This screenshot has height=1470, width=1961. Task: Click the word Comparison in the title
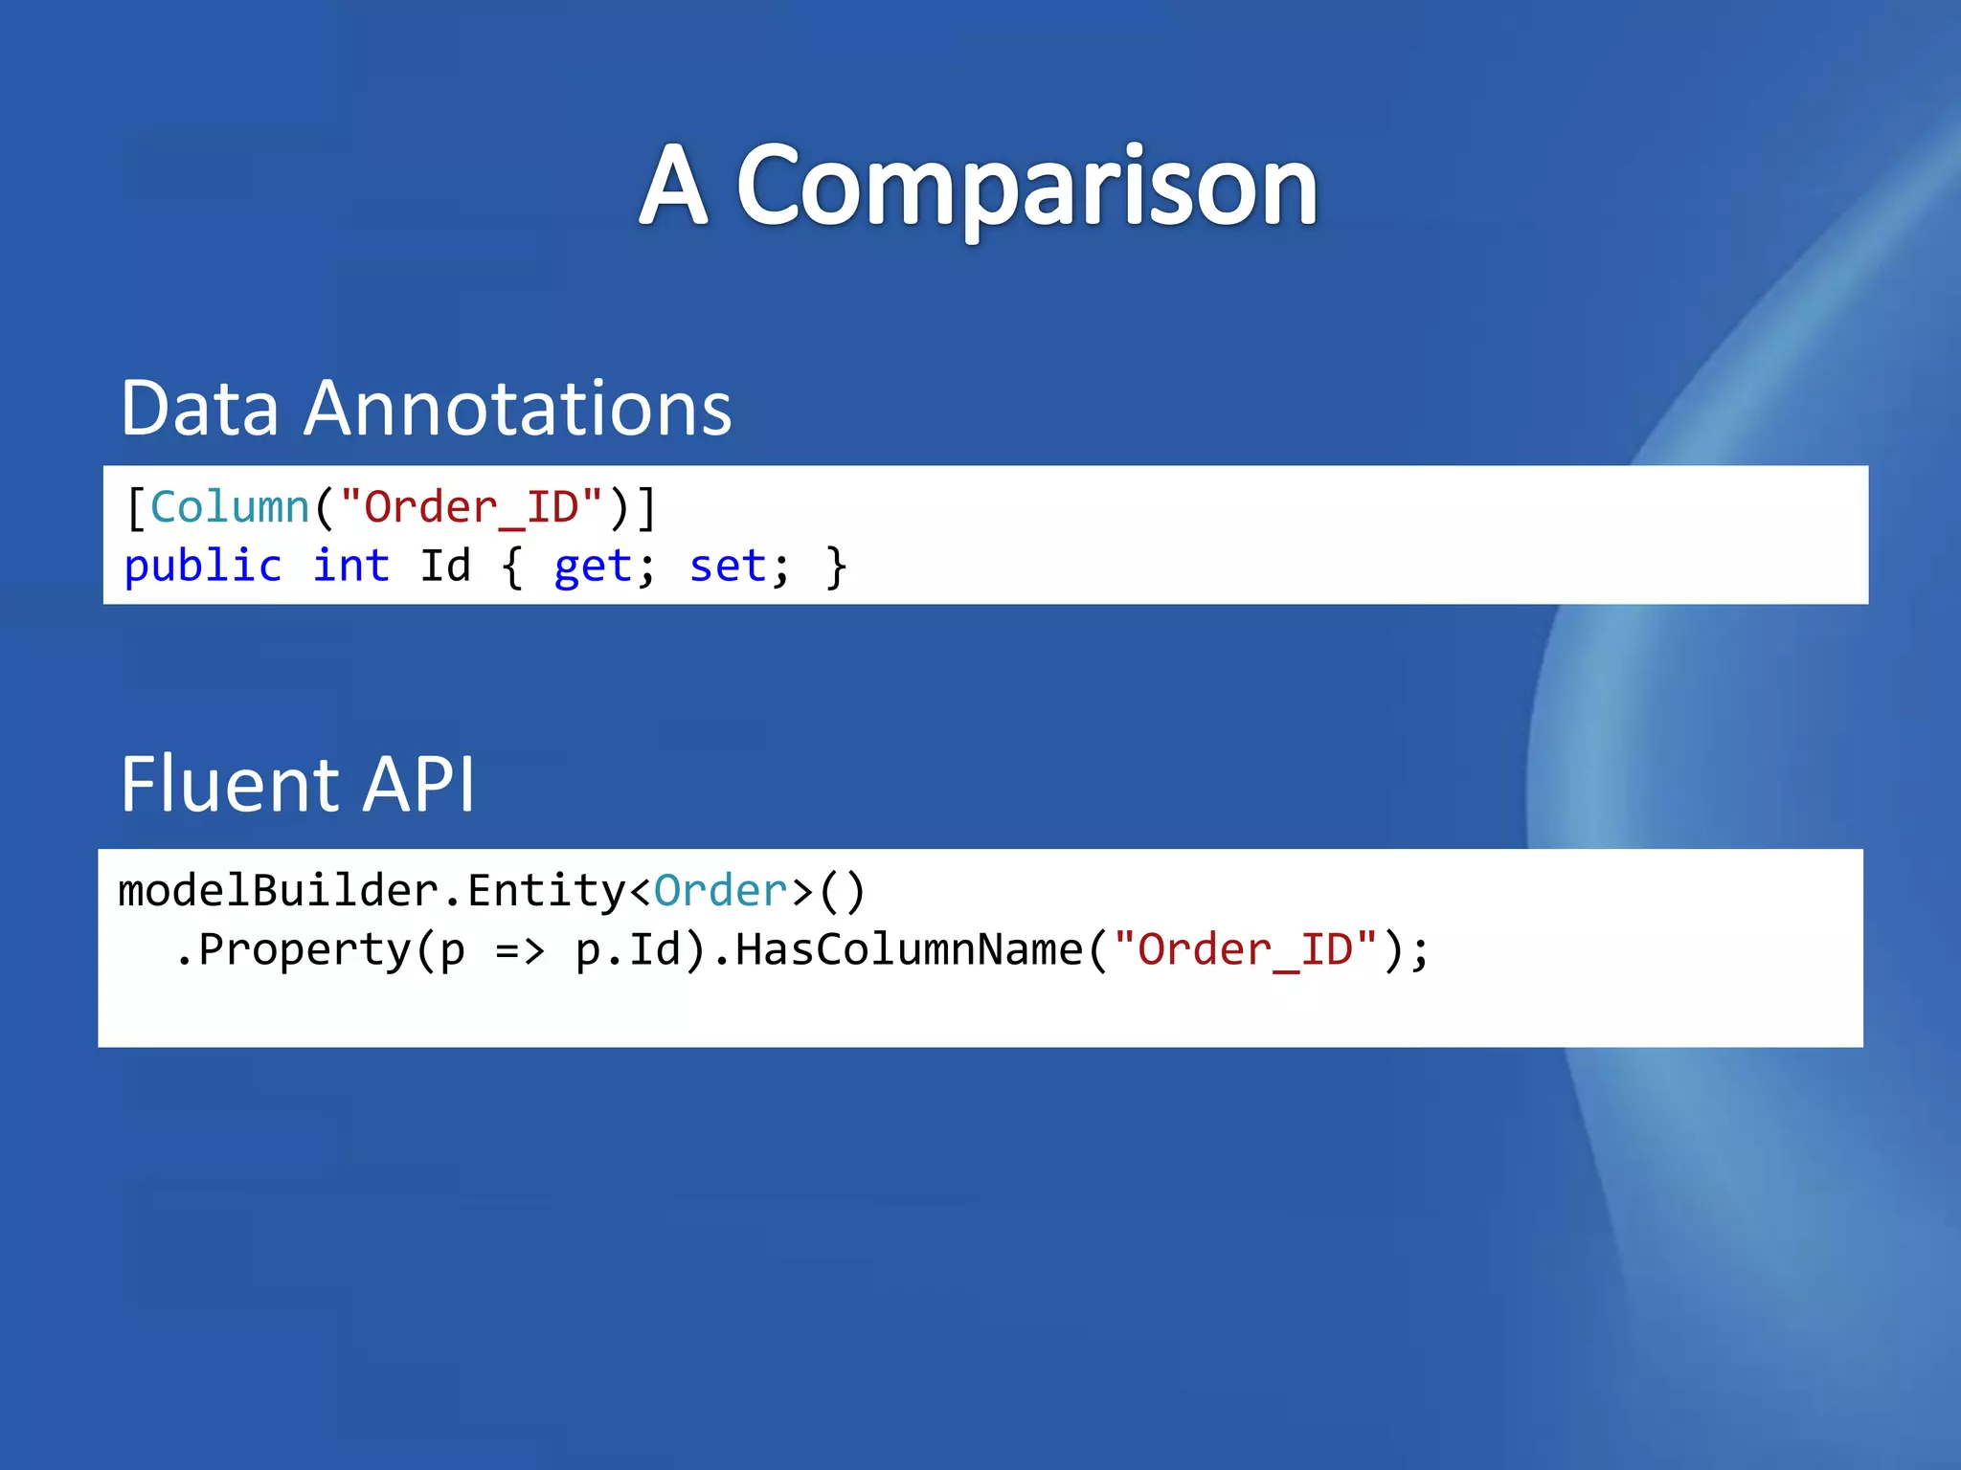tap(1026, 187)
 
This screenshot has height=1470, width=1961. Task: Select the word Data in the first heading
tap(199, 409)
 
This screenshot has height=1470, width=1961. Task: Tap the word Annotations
tap(517, 409)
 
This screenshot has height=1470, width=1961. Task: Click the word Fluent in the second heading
tap(229, 785)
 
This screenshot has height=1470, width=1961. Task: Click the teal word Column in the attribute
tap(230, 507)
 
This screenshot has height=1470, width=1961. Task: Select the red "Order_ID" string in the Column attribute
tap(471, 507)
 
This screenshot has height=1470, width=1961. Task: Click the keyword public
tap(203, 567)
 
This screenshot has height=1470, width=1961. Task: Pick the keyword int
tap(350, 567)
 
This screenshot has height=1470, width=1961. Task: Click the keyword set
tap(727, 567)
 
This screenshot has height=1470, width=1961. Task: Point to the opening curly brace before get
tap(512, 567)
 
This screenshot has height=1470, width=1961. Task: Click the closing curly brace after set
tap(836, 567)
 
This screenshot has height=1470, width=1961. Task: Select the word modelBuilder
tap(278, 891)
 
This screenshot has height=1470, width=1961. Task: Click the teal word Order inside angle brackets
tap(720, 891)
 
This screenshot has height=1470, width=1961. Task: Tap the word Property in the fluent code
tap(304, 950)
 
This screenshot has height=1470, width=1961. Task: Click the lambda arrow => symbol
tap(520, 951)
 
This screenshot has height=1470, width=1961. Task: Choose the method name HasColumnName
tap(909, 950)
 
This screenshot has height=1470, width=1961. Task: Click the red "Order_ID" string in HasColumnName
tap(1246, 950)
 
